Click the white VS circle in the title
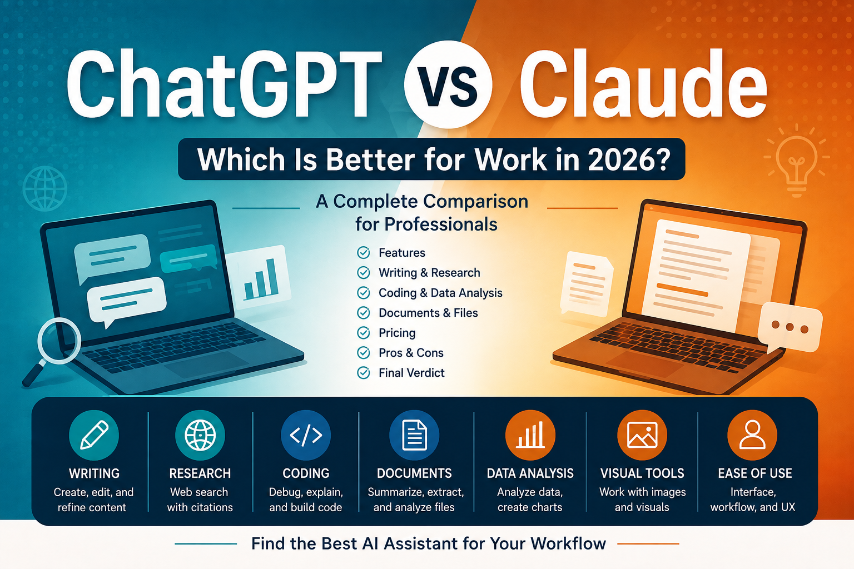[448, 84]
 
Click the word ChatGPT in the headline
[225, 84]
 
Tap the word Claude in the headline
[643, 84]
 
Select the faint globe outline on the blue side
[45, 188]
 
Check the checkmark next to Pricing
[363, 333]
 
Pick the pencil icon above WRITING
[94, 435]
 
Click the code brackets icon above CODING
[306, 435]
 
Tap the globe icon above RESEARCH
[200, 435]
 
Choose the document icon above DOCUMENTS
[414, 435]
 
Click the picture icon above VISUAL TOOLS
[642, 435]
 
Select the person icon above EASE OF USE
[752, 435]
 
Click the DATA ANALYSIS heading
[530, 473]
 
